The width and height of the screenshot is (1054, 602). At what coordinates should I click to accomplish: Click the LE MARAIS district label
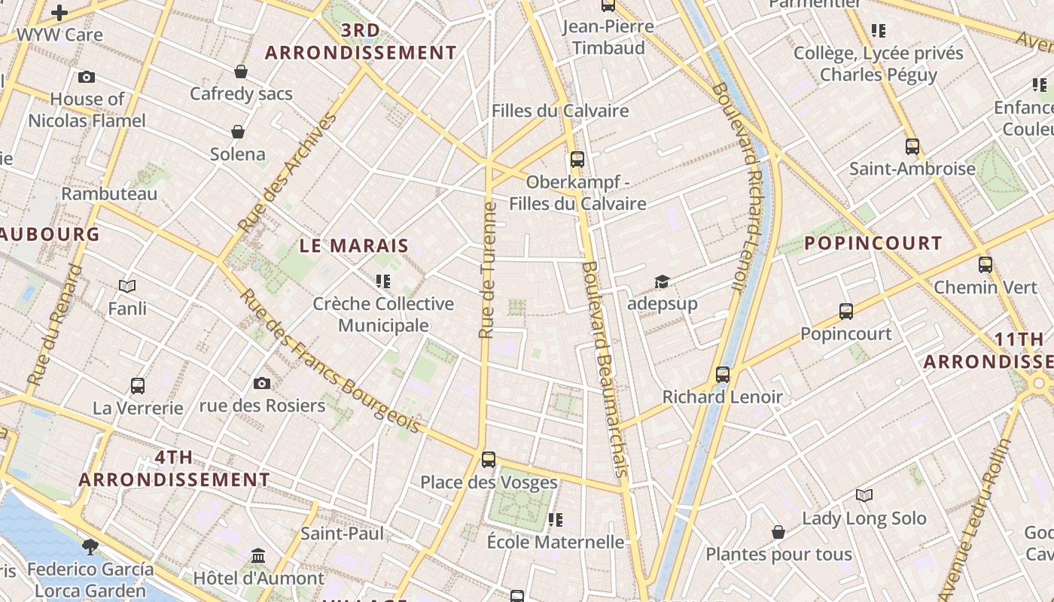(x=354, y=245)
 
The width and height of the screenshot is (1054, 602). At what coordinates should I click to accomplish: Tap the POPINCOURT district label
(x=873, y=243)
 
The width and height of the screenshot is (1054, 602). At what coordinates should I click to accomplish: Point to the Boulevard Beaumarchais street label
(x=605, y=369)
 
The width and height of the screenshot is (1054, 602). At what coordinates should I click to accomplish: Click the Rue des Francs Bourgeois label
(x=329, y=360)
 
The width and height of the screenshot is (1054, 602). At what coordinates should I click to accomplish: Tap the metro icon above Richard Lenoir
(x=723, y=374)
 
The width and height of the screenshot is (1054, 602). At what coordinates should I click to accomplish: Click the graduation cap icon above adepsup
(x=662, y=281)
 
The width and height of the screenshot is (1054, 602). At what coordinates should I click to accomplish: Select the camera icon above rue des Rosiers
(x=262, y=383)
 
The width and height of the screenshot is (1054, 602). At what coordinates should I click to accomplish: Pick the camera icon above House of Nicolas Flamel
(x=87, y=77)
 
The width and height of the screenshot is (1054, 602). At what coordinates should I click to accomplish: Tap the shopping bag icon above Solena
(x=238, y=132)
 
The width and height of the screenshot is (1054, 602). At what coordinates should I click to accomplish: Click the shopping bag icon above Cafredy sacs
(x=241, y=71)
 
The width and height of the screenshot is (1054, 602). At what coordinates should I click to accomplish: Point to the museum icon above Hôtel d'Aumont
(x=258, y=555)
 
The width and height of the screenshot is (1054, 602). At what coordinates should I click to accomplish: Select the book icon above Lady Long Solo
(x=864, y=495)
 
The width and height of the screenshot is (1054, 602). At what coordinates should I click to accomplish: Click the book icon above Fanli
(x=127, y=286)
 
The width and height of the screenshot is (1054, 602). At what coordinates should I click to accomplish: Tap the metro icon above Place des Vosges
(x=489, y=459)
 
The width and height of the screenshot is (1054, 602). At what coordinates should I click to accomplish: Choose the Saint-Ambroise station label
(x=912, y=169)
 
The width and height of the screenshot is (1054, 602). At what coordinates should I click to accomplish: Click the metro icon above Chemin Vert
(x=985, y=265)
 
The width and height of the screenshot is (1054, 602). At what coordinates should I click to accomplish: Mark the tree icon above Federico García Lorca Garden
(x=91, y=546)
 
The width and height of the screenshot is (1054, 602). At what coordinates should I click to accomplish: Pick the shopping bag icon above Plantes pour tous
(x=778, y=532)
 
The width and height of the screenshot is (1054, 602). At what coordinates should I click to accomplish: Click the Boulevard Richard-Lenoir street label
(x=739, y=187)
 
